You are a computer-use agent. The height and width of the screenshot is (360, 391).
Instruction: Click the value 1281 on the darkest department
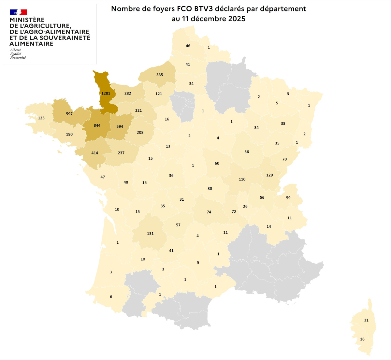[x=106, y=94]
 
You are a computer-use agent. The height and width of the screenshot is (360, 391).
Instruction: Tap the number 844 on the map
[x=97, y=125]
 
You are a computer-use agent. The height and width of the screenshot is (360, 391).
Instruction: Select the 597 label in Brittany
[x=69, y=114]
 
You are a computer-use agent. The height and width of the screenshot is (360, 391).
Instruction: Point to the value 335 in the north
[x=159, y=75]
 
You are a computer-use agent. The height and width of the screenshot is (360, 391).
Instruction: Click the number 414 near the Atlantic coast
[x=94, y=153]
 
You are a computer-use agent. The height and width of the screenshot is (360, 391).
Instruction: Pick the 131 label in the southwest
[x=150, y=234]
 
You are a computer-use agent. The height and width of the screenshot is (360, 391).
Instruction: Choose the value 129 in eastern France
[x=269, y=175]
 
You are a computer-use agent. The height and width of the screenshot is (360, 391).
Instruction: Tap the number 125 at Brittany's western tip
[x=41, y=118]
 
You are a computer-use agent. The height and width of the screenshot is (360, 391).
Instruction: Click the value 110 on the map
[x=242, y=180]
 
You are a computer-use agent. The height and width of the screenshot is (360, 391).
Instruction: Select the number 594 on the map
[x=120, y=127]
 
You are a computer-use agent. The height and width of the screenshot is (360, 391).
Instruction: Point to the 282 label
[x=127, y=94]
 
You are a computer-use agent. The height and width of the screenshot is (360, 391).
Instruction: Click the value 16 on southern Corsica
[x=362, y=339]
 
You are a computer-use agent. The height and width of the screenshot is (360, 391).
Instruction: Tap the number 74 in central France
[x=209, y=212]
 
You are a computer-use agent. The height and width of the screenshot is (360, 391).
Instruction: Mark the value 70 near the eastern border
[x=284, y=159]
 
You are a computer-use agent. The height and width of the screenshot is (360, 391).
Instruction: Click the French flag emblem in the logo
[x=18, y=12]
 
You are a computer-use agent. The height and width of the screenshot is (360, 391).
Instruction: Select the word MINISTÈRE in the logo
[x=27, y=20]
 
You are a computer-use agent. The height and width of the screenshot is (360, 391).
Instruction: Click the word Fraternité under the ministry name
[x=18, y=58]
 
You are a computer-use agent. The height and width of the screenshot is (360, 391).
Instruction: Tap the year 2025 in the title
[x=237, y=19]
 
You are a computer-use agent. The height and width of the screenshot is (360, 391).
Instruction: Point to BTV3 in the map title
[x=203, y=9]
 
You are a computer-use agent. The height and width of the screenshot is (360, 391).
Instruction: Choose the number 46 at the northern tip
[x=188, y=46]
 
